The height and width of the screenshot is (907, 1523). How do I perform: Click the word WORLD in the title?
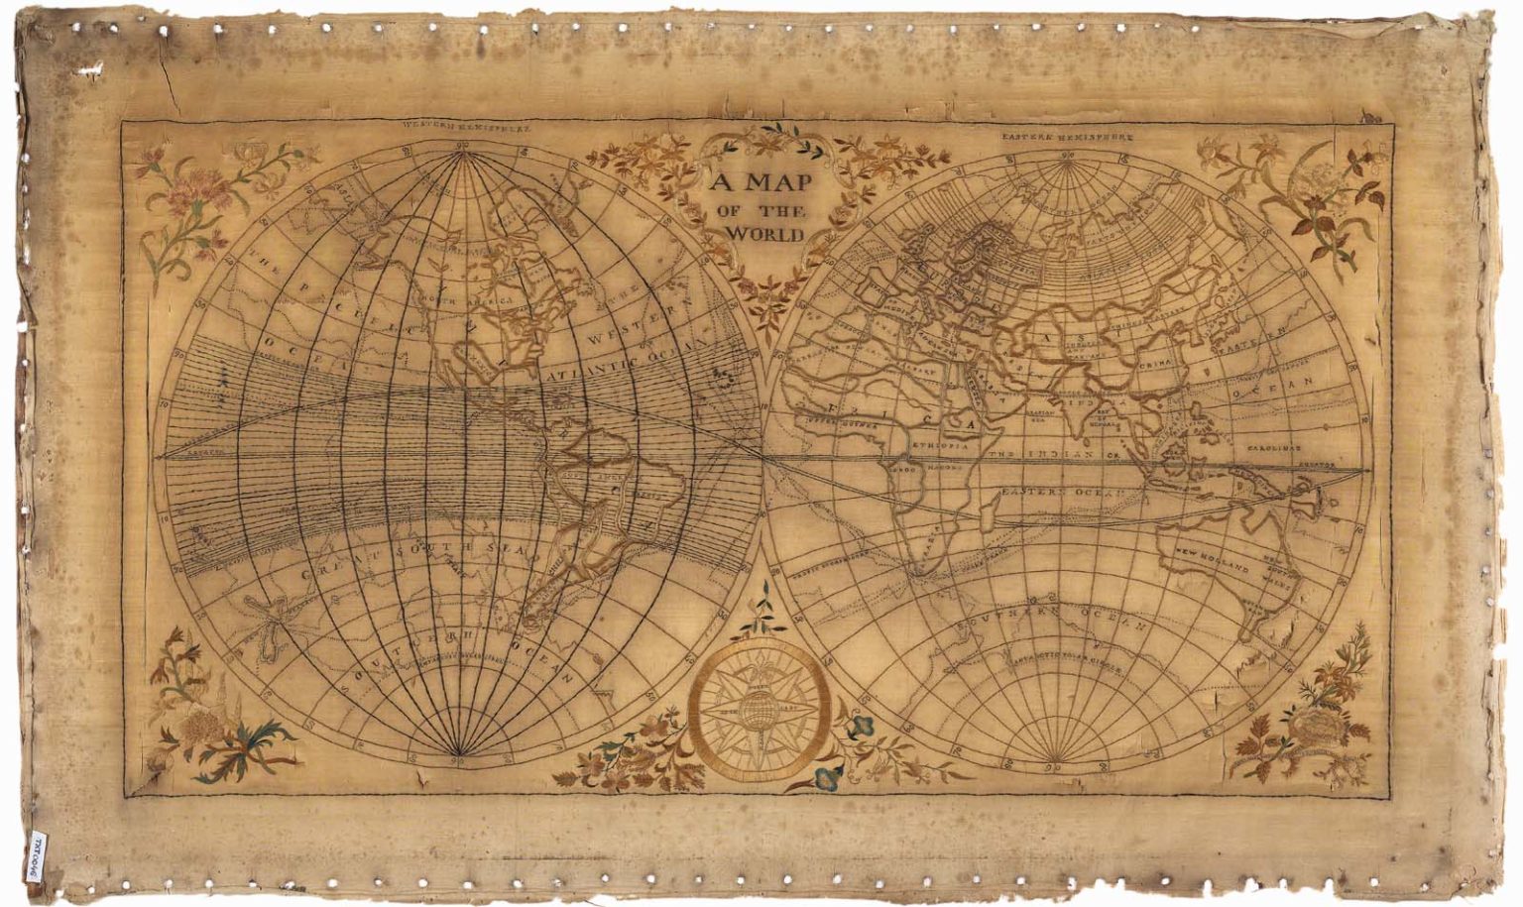click(764, 234)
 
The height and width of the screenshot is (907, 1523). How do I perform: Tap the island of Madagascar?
click(988, 516)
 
